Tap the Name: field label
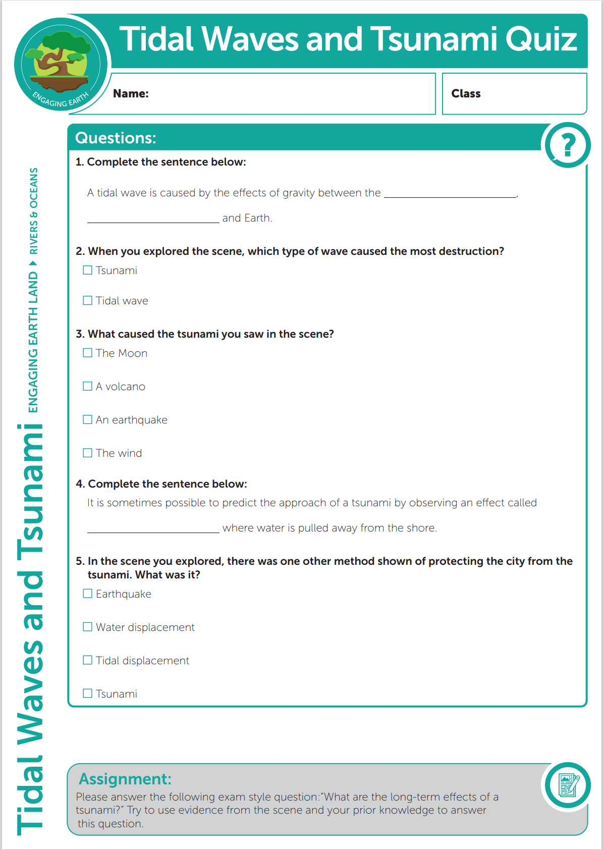pos(131,93)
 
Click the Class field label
pos(466,93)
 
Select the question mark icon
pos(568,145)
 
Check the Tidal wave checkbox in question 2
pos(88,301)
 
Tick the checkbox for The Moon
pos(88,353)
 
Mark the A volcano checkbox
pos(88,387)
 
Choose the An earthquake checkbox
pos(88,420)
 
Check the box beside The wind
pos(88,453)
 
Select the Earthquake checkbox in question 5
pos(88,594)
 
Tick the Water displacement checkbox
pos(88,627)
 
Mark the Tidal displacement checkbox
pos(88,661)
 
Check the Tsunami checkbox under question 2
pos(88,271)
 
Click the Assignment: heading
pos(125,779)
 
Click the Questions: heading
pos(116,138)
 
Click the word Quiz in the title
pos(541,39)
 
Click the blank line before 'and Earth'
pos(153,219)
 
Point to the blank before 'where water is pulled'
pos(153,528)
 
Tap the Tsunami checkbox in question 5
pos(88,694)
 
